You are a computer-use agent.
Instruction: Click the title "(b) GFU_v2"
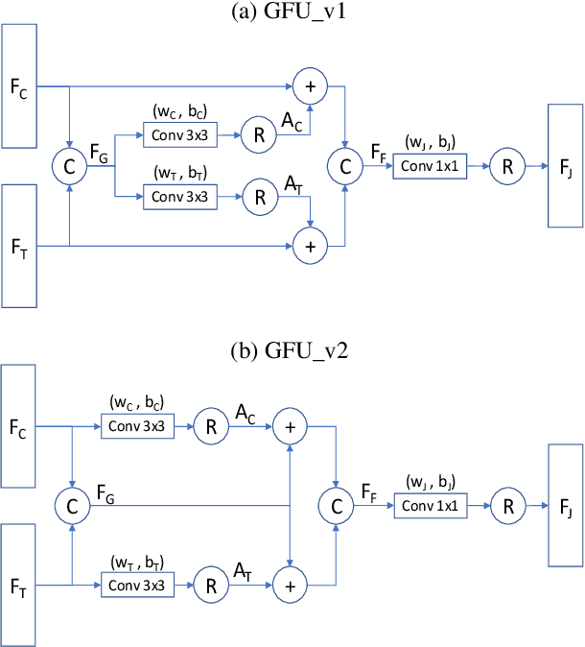pyautogui.click(x=293, y=349)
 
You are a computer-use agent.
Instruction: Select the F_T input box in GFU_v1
pyautogui.click(x=19, y=246)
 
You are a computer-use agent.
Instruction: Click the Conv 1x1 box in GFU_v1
pyautogui.click(x=431, y=165)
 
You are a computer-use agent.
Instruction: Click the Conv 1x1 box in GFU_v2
pyautogui.click(x=431, y=505)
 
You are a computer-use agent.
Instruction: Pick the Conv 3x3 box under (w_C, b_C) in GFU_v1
pyautogui.click(x=179, y=135)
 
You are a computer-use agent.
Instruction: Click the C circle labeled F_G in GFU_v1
pyautogui.click(x=69, y=166)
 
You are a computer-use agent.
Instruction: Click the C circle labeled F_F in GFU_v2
pyautogui.click(x=335, y=505)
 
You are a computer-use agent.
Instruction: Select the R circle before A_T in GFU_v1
pyautogui.click(x=256, y=199)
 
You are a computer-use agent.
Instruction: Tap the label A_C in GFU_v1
pyautogui.click(x=291, y=122)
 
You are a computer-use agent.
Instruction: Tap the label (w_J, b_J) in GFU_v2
pyautogui.click(x=430, y=481)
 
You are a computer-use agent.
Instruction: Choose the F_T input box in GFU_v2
pyautogui.click(x=19, y=585)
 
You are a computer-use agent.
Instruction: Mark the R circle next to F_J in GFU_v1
pyautogui.click(x=506, y=165)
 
